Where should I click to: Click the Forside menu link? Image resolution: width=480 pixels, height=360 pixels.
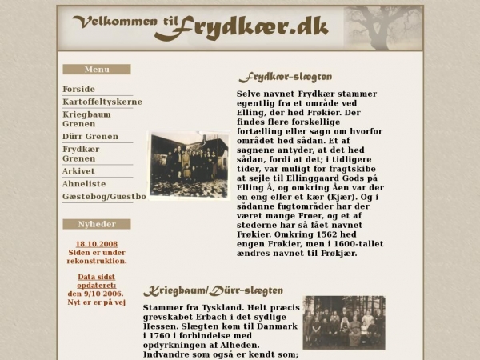pyautogui.click(x=78, y=89)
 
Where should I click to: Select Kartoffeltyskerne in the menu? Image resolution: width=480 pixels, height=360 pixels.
pyautogui.click(x=102, y=102)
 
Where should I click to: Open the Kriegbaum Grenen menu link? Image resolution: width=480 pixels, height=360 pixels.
pyautogui.click(x=87, y=119)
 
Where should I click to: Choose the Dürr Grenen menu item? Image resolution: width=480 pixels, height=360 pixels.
pyautogui.click(x=90, y=136)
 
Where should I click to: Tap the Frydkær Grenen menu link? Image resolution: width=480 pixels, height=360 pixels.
pyautogui.click(x=81, y=154)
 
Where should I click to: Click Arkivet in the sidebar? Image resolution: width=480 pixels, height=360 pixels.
pyautogui.click(x=78, y=171)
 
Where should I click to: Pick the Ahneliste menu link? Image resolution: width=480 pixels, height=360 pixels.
pyautogui.click(x=84, y=184)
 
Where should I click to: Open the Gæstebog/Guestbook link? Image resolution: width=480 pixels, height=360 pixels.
pyautogui.click(x=104, y=196)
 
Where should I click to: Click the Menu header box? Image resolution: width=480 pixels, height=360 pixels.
pyautogui.click(x=97, y=70)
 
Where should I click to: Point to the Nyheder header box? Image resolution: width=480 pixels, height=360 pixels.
pyautogui.click(x=97, y=224)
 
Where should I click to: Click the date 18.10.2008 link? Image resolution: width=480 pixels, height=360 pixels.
pyautogui.click(x=97, y=244)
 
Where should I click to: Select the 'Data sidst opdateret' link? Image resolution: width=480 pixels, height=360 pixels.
pyautogui.click(x=97, y=281)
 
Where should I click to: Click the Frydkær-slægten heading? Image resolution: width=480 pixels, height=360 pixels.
pyautogui.click(x=285, y=78)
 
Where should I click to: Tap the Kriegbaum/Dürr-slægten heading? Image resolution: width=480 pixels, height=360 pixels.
pyautogui.click(x=213, y=290)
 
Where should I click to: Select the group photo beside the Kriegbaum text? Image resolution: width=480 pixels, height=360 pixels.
pyautogui.click(x=344, y=322)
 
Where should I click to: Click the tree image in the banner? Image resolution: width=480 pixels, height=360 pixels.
pyautogui.click(x=382, y=28)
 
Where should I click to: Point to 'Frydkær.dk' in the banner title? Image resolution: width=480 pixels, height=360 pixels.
pyautogui.click(x=241, y=27)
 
